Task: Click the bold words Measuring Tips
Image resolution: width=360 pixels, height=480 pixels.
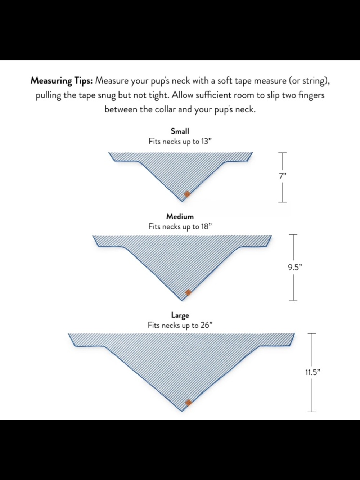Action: coord(62,81)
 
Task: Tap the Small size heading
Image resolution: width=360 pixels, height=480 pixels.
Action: coord(180,131)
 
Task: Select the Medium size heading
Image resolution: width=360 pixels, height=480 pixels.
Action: coord(180,216)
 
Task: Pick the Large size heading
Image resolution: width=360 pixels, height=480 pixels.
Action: coord(180,315)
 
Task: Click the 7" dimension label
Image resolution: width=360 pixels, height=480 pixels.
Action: coord(282,176)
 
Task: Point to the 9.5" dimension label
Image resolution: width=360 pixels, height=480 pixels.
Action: coord(295,267)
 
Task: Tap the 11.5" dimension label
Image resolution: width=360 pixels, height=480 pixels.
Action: coord(312,372)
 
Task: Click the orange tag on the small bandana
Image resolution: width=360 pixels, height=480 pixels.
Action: coord(187,194)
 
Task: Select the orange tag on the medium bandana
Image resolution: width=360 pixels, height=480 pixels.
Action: coord(188,292)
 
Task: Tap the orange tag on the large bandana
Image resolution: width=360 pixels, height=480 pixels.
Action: coord(188,402)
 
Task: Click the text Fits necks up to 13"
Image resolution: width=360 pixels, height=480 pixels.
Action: coord(180,142)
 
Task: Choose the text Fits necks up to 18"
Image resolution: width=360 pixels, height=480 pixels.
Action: coord(180,227)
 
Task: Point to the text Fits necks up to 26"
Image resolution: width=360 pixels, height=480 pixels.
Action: coord(180,326)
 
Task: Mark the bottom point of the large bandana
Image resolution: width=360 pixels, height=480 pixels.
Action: coord(182,411)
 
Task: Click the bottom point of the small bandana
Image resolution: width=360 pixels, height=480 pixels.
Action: coord(182,201)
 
